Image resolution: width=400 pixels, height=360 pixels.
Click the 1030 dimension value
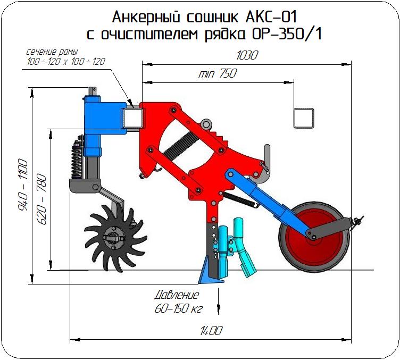pyautogui.click(x=247, y=55)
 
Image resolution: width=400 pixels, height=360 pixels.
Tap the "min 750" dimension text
pyautogui.click(x=218, y=73)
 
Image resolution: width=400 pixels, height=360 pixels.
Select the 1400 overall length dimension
pyautogui.click(x=211, y=331)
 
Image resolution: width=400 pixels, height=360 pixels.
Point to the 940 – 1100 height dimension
pyautogui.click(x=23, y=185)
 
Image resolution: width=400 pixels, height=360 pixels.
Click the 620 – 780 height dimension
pyautogui.click(x=43, y=199)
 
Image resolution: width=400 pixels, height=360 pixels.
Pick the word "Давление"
pyautogui.click(x=177, y=295)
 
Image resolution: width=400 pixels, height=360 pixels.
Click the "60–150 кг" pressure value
pyautogui.click(x=179, y=309)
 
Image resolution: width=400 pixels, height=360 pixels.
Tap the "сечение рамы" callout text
pyautogui.click(x=52, y=52)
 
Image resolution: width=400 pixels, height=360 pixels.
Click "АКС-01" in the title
pyautogui.click(x=271, y=18)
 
